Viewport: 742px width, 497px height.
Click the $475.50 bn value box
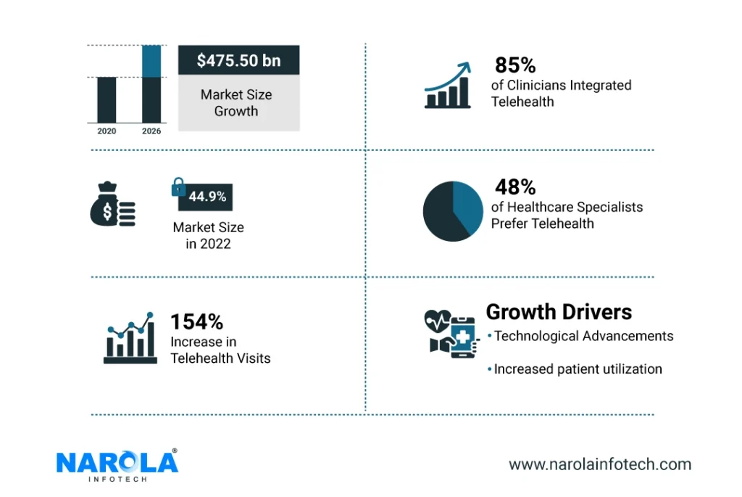tap(238, 60)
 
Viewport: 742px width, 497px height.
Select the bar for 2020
tap(107, 99)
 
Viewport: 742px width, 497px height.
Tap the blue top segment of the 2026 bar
tap(151, 61)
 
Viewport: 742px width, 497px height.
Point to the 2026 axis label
tap(151, 131)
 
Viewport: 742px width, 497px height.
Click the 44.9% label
tap(208, 197)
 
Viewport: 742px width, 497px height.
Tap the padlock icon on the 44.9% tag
tap(178, 187)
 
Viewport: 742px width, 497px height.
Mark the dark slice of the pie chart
tap(441, 214)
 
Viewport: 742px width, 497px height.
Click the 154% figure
tap(196, 321)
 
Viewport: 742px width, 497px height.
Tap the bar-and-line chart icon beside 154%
tap(130, 338)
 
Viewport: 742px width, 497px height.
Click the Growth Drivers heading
tap(559, 312)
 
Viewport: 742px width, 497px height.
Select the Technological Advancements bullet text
tap(583, 336)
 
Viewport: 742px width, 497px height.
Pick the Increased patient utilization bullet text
tap(578, 369)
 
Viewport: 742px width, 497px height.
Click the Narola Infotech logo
tap(117, 465)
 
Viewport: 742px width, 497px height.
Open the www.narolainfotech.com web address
tap(599, 464)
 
